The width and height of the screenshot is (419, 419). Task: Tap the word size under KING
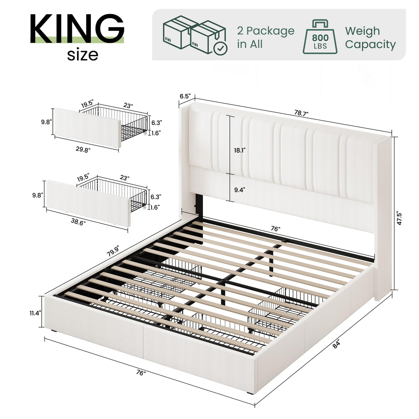tap(82, 55)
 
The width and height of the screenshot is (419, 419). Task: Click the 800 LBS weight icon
tap(320, 37)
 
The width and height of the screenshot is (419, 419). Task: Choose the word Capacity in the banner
tap(370, 45)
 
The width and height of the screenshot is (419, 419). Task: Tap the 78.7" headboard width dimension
tap(301, 113)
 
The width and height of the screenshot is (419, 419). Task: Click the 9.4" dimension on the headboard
tap(239, 189)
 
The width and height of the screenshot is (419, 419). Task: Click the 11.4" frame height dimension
tap(35, 313)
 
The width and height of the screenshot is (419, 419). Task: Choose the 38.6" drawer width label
tap(78, 222)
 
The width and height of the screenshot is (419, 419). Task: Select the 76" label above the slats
tap(275, 229)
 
